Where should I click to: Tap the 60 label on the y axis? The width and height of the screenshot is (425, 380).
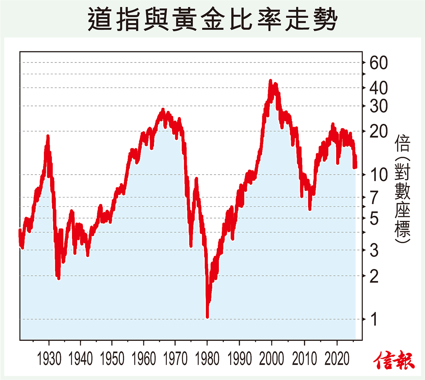[379, 63]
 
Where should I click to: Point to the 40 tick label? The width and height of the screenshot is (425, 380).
[379, 88]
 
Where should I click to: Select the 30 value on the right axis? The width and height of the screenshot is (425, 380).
[379, 106]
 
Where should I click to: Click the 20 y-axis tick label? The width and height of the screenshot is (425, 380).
[379, 132]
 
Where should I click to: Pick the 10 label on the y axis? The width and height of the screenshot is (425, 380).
[379, 174]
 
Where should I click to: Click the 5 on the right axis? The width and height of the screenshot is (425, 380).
[374, 218]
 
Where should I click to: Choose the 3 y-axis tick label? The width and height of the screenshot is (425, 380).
[374, 251]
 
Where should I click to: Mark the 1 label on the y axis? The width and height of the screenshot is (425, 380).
[374, 319]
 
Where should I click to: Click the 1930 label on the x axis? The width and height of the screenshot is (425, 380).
[49, 359]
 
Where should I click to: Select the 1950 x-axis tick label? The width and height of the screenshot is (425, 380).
[112, 359]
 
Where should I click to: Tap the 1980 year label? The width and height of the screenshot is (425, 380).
[208, 359]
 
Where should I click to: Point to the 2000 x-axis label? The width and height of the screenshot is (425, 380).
[272, 359]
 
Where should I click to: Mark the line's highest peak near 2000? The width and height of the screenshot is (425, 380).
[271, 81]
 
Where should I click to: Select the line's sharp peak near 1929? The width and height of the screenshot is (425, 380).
[48, 136]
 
